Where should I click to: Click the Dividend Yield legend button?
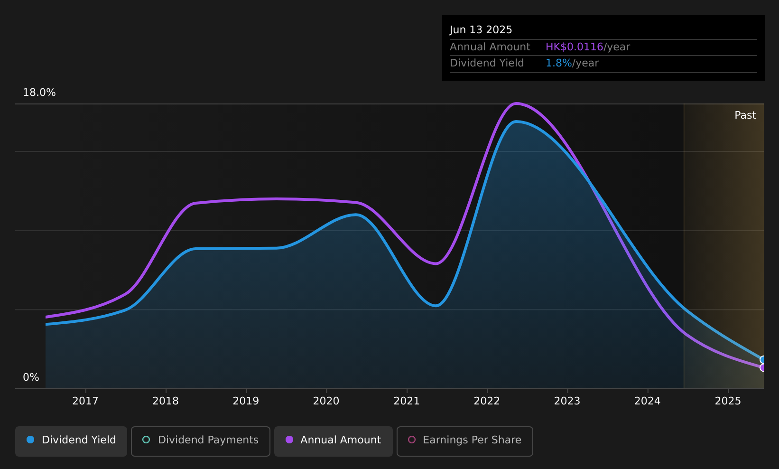[x=71, y=441]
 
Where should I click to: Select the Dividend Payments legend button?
[x=201, y=441]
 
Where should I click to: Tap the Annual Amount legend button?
[x=334, y=441]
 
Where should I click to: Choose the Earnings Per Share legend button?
[x=465, y=441]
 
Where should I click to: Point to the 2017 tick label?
[x=85, y=401]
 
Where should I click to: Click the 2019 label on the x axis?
[x=246, y=401]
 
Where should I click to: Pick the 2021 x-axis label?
[x=407, y=401]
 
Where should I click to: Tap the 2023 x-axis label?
[x=567, y=401]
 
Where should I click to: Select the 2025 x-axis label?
[x=728, y=401]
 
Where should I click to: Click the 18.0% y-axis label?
[x=39, y=93]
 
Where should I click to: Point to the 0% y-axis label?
[x=31, y=377]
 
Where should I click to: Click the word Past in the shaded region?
[x=745, y=115]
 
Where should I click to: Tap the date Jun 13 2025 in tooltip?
[x=481, y=30]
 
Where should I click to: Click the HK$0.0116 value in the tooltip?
[x=574, y=47]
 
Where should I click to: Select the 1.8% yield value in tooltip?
[x=558, y=63]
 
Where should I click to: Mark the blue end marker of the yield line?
[x=763, y=360]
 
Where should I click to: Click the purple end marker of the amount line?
[x=763, y=368]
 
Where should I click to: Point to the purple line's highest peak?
[x=517, y=103]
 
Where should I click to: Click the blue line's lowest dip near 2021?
[x=436, y=306]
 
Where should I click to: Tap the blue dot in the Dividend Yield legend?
[x=31, y=440]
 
